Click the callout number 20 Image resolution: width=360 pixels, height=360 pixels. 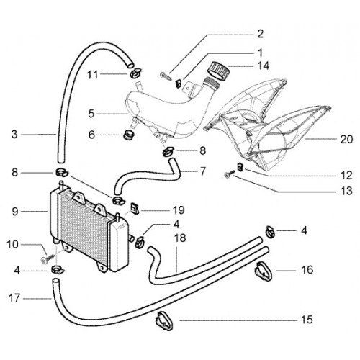pos(346,139)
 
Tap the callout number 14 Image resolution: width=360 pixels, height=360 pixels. pos(263,66)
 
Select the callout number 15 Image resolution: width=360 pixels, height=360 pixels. pos(307,320)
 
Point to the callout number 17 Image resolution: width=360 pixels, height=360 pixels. pos(14,298)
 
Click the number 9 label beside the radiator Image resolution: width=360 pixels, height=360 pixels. pos(15,212)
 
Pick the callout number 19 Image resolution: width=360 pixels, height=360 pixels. pos(179,210)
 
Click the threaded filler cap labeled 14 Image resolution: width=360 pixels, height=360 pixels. pos(218,70)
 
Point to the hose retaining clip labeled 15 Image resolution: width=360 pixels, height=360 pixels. pos(164,321)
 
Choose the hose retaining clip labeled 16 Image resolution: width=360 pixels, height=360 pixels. pos(264,271)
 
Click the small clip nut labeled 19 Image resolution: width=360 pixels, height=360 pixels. pos(135,208)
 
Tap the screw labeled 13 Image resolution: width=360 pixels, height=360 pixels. pos(230,174)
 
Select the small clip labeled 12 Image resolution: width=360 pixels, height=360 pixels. pos(240,167)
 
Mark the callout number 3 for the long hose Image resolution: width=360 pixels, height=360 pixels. pos(14,135)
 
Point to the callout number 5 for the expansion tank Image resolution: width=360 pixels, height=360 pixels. pos(91,114)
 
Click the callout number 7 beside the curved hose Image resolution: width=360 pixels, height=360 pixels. pos(203,171)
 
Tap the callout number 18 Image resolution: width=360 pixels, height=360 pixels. pos(180,238)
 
